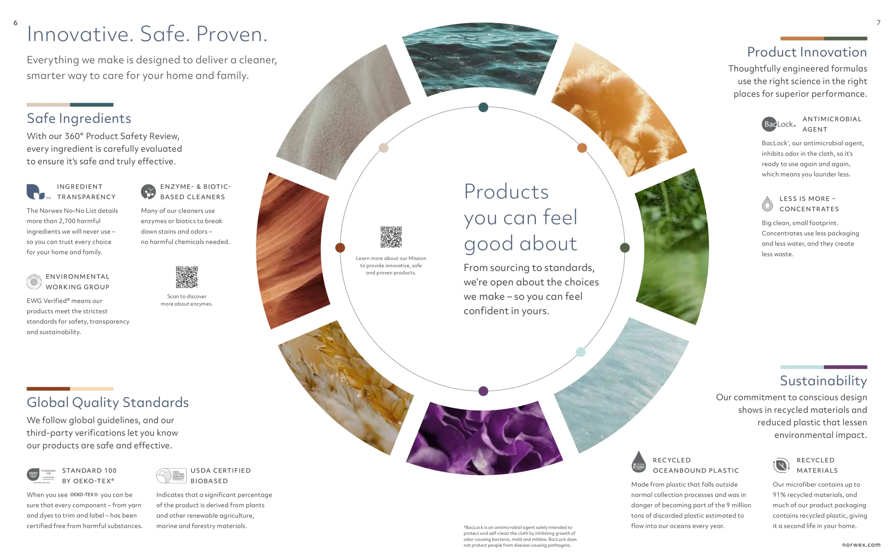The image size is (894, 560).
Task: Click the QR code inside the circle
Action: point(391,237)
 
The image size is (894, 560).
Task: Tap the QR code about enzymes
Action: point(186,277)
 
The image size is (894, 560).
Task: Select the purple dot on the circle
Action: point(483,391)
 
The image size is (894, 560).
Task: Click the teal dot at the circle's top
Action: point(483,107)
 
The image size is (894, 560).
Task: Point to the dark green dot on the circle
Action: point(624,247)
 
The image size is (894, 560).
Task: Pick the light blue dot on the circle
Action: point(580,352)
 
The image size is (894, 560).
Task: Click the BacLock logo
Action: point(778,124)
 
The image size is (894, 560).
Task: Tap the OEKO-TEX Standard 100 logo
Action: point(41,475)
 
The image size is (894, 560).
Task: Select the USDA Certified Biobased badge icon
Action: point(170,476)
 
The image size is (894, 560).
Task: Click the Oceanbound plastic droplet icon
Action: point(638,462)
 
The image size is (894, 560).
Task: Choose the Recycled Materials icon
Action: point(781,465)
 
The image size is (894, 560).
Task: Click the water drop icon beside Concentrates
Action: point(767,204)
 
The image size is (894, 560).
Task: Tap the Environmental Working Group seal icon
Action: point(34,282)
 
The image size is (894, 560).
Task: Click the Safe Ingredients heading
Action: point(79,118)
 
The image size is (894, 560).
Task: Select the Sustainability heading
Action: point(823,381)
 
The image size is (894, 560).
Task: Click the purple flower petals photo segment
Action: point(484,439)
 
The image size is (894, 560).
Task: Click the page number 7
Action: point(878,23)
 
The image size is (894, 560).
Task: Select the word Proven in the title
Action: point(231,34)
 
